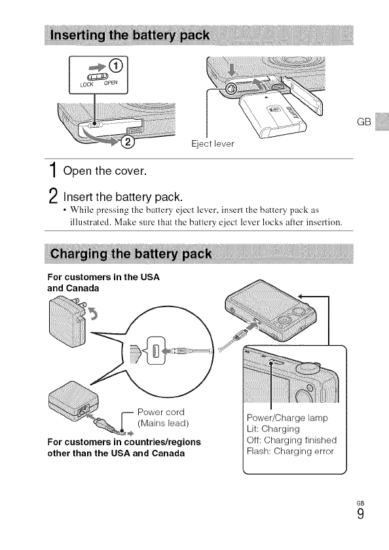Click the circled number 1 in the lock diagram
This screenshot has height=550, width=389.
pos(116,65)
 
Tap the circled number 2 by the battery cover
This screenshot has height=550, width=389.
pos(128,142)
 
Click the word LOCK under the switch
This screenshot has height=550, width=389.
pos(86,84)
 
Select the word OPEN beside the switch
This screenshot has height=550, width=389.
pos(111,82)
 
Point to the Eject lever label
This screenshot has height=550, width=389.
pos(213,144)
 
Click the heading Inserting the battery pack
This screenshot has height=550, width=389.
pos(130,35)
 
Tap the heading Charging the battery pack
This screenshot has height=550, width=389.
pos(131,253)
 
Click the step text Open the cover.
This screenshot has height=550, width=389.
pos(105,171)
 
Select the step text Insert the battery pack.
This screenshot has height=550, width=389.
pos(122,197)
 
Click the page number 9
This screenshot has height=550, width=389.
pos(361,514)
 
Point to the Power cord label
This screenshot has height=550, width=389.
pos(160,412)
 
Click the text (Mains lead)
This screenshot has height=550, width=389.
pos(163,424)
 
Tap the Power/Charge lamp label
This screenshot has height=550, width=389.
pos(287,418)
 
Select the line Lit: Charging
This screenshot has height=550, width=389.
pos(273,429)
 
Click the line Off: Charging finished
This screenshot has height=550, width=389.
pos(292,440)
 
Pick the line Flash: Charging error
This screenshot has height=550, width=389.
pos(290,451)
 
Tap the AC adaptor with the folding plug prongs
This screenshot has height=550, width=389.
pos(67,321)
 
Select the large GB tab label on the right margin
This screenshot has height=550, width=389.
pos(363,122)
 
